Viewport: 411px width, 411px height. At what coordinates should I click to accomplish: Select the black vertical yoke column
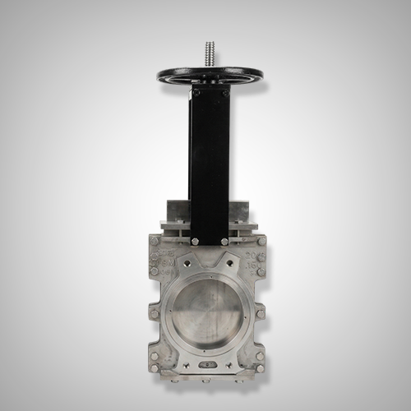(209, 164)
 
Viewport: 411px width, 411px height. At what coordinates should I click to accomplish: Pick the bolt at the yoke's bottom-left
(195, 241)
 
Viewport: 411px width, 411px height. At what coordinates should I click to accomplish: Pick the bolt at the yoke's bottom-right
(224, 241)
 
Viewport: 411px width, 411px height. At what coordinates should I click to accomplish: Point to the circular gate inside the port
(207, 313)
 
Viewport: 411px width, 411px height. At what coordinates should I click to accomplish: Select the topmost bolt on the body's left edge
(154, 242)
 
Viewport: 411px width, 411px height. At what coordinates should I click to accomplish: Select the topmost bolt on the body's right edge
(261, 242)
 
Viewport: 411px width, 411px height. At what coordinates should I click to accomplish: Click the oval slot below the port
(207, 364)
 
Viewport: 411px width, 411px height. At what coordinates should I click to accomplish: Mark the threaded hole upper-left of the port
(186, 264)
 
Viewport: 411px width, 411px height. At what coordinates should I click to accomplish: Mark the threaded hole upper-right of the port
(230, 264)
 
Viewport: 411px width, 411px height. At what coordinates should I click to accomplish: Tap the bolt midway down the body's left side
(154, 313)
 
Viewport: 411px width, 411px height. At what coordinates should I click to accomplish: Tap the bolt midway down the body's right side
(261, 313)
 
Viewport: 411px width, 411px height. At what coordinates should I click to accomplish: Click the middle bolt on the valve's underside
(207, 380)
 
